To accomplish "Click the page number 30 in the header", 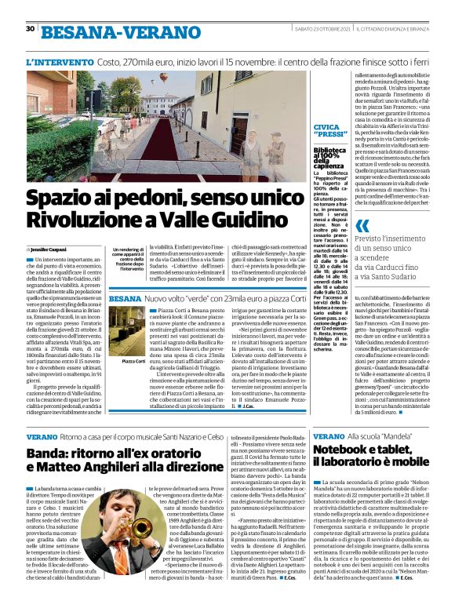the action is [x=30, y=29].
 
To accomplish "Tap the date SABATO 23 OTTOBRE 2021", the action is [x=311, y=30].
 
